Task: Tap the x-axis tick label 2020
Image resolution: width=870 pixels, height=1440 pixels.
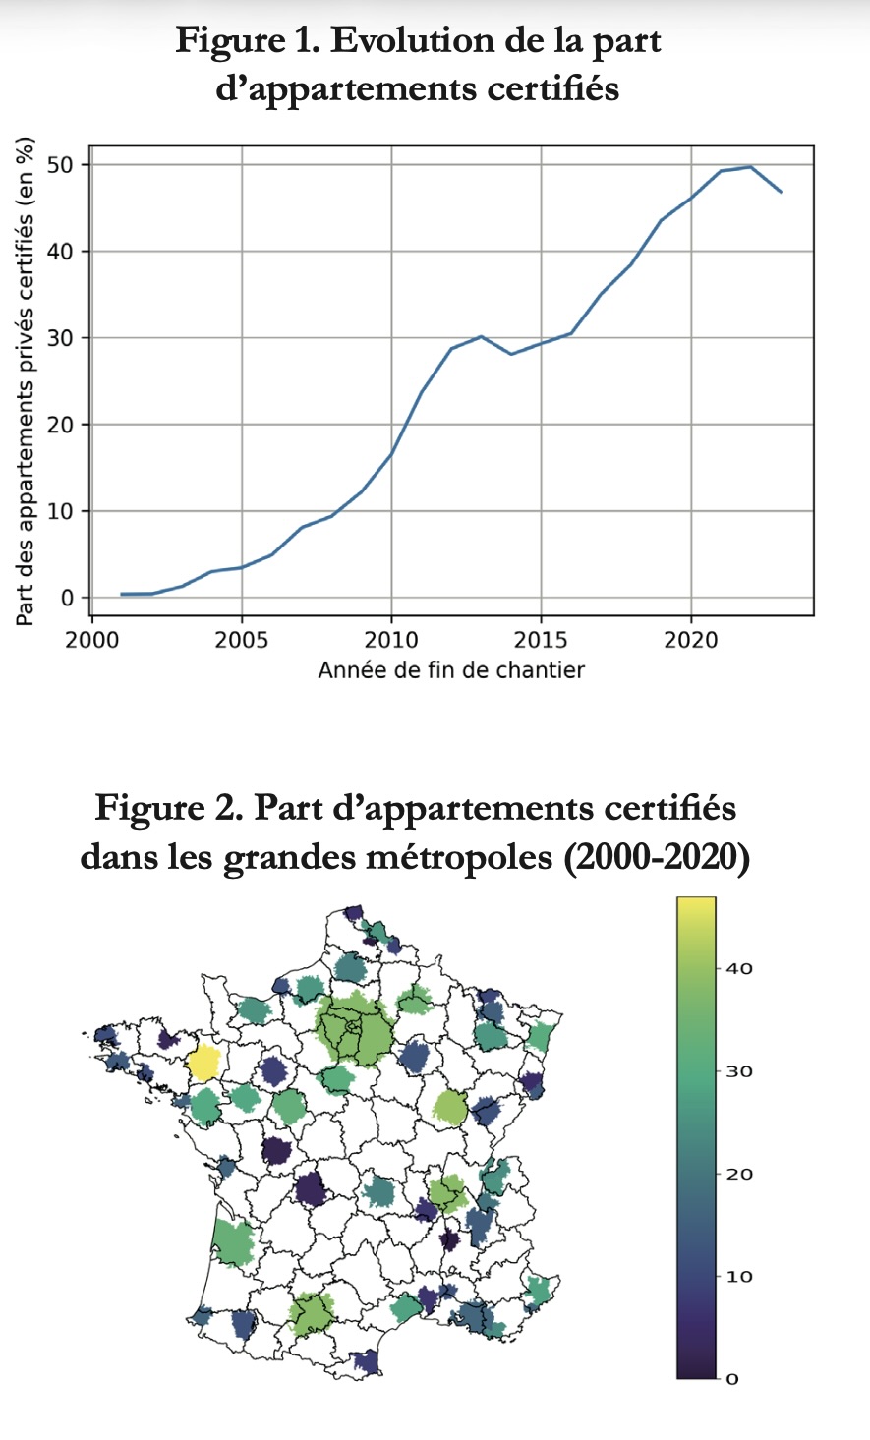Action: click(690, 640)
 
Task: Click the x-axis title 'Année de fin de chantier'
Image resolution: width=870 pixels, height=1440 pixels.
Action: click(451, 670)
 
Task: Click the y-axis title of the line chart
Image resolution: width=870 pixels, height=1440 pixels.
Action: click(26, 379)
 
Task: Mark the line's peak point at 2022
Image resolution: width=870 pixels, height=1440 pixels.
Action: click(751, 167)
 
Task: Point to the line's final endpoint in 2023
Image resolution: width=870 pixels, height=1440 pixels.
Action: click(781, 192)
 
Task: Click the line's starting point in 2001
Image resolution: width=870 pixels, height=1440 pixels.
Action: click(122, 594)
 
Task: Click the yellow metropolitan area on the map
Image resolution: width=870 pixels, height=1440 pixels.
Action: click(204, 1064)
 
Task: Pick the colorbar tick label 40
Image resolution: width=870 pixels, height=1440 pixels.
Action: click(738, 968)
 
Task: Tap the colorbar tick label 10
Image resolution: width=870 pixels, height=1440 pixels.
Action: click(738, 1276)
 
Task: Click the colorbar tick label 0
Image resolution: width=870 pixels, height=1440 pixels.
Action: click(731, 1378)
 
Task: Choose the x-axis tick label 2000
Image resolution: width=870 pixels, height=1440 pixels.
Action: click(92, 640)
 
